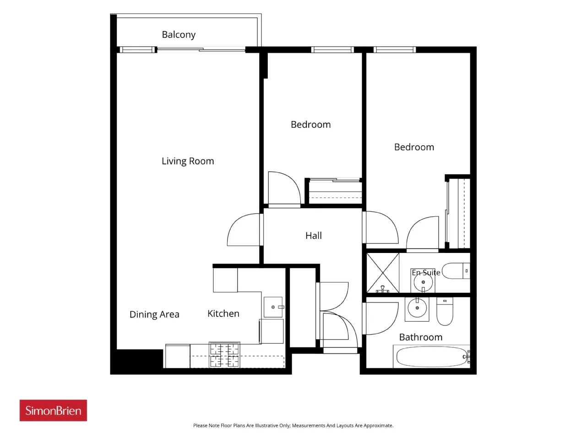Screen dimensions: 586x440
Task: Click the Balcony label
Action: click(x=179, y=35)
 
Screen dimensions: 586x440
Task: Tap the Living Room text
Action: click(x=188, y=161)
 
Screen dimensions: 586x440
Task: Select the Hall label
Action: click(x=314, y=236)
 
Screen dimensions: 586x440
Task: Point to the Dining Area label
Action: click(x=154, y=314)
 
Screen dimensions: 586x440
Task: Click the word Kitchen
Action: click(x=223, y=313)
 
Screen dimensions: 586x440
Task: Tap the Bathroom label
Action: click(x=421, y=337)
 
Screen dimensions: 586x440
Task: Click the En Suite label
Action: click(x=426, y=273)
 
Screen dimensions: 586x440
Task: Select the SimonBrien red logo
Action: click(x=53, y=410)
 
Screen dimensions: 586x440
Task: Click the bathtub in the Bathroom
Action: click(x=431, y=357)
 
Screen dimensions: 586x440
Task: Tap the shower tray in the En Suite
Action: click(x=383, y=273)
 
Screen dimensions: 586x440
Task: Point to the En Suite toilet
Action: click(x=456, y=270)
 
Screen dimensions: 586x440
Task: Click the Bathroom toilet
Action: click(x=445, y=311)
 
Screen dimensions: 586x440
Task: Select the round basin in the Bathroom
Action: click(x=417, y=308)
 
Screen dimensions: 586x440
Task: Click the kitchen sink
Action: click(x=273, y=307)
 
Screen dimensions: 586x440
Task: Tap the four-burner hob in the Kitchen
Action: click(x=224, y=355)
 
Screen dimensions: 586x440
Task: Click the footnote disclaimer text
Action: click(x=293, y=425)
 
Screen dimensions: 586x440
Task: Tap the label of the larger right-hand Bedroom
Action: click(x=414, y=147)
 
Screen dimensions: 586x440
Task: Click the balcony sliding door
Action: click(x=201, y=49)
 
